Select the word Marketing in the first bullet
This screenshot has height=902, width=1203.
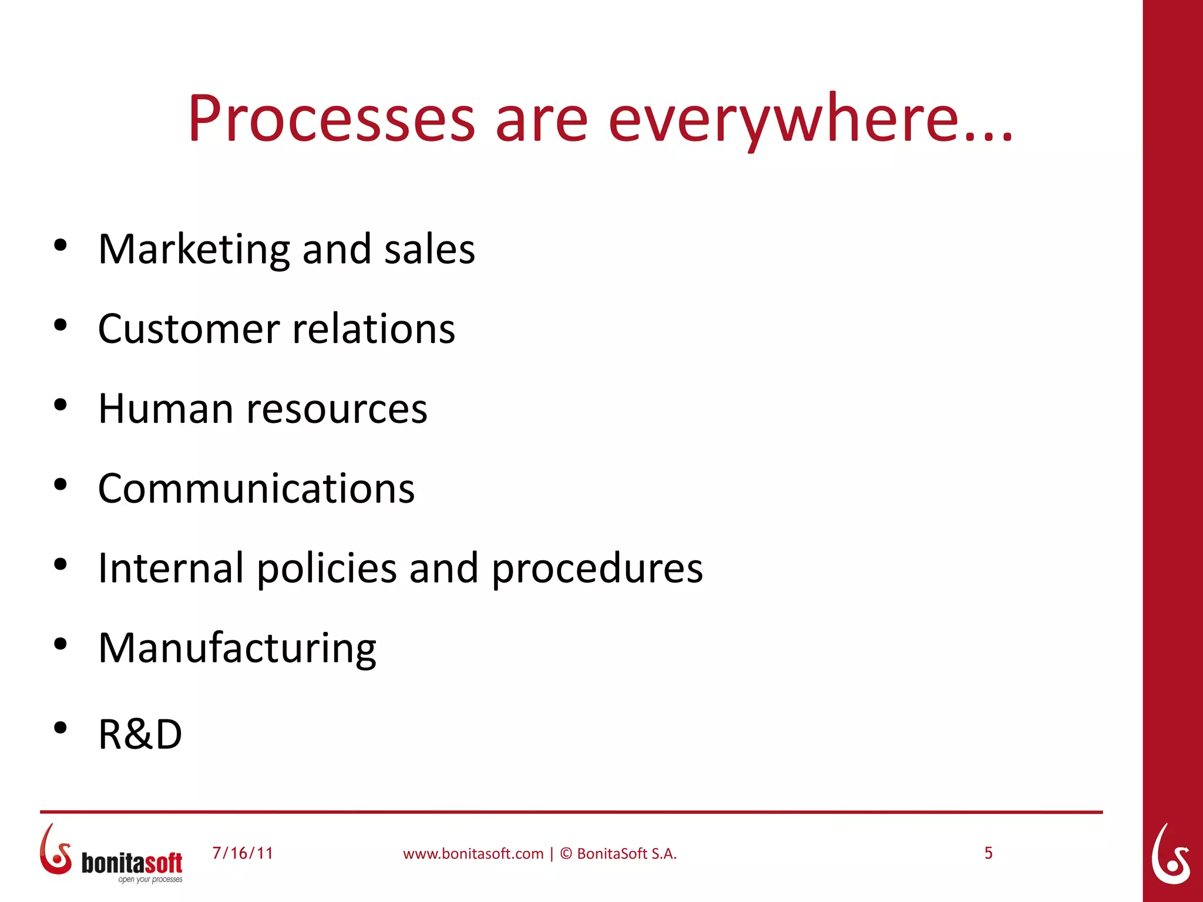click(194, 250)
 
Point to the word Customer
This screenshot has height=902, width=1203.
click(189, 329)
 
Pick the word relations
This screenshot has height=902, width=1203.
click(374, 329)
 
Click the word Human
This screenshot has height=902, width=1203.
click(166, 409)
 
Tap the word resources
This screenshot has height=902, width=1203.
click(337, 409)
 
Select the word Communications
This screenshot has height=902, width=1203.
click(256, 489)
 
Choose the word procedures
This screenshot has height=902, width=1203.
click(597, 568)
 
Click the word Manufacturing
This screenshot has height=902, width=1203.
click(237, 648)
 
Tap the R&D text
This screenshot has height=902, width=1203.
click(140, 734)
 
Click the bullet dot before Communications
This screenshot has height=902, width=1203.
click(60, 484)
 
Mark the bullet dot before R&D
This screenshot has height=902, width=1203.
click(60, 728)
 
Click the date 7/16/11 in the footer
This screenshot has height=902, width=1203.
click(243, 853)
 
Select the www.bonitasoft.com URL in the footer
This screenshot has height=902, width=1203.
click(473, 854)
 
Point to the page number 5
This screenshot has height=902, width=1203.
click(989, 853)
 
